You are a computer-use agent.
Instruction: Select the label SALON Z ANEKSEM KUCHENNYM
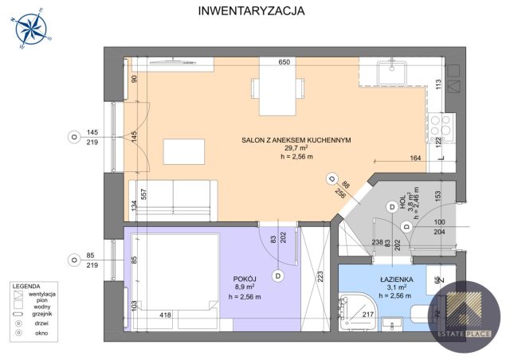296,140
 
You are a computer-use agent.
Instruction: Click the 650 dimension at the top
283,61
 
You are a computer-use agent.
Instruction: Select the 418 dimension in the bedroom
165,315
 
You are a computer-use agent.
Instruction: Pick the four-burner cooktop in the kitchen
441,124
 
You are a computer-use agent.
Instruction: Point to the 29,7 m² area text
296,148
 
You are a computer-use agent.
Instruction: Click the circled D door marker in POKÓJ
277,276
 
